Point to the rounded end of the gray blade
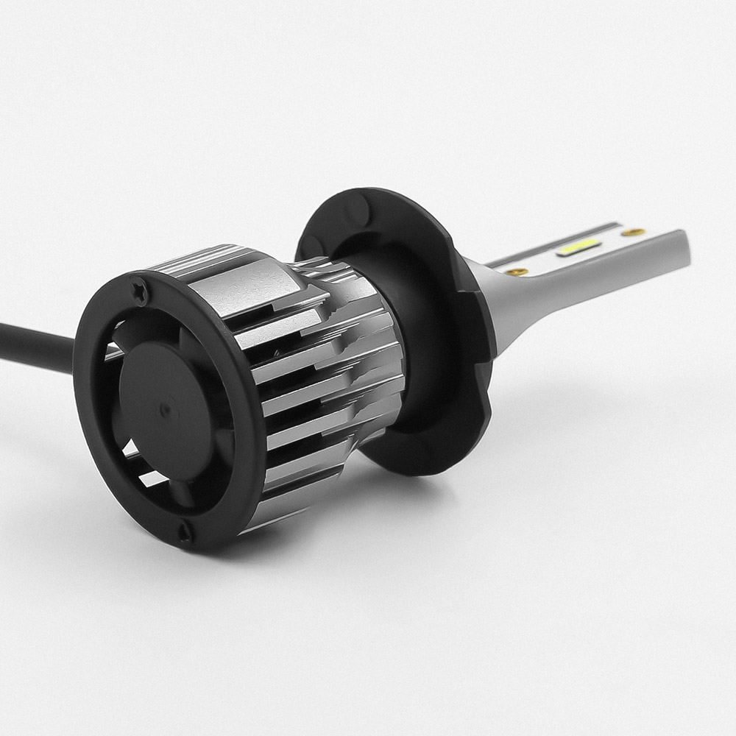[682, 254]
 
